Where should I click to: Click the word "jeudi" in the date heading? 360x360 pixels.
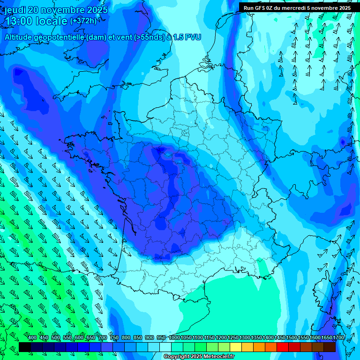(x=15, y=10)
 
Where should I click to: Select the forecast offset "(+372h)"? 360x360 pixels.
(x=83, y=21)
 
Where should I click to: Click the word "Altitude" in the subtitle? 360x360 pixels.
(x=20, y=37)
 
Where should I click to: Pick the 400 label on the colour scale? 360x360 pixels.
(x=32, y=338)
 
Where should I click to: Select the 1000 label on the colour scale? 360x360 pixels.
(x=174, y=338)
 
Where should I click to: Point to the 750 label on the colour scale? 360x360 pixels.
(x=114, y=338)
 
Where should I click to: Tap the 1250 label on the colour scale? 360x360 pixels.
(x=233, y=338)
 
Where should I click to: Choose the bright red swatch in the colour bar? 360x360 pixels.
(x=283, y=347)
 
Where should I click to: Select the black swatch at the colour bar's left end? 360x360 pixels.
(x=25, y=347)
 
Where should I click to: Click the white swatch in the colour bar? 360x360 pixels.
(x=165, y=347)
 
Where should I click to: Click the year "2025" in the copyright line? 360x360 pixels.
(x=195, y=357)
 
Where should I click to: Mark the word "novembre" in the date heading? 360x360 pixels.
(x=66, y=10)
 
